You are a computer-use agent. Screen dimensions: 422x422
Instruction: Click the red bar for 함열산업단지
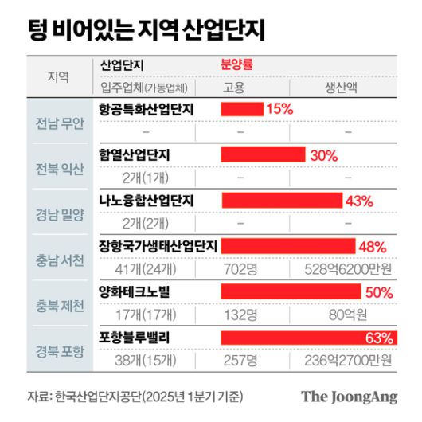[263, 154]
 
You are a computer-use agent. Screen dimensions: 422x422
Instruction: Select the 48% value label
[373, 247]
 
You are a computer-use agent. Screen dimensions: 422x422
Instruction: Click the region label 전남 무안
[59, 123]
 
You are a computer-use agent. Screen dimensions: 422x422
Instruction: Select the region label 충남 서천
[59, 261]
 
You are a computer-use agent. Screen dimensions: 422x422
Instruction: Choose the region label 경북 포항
[59, 352]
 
